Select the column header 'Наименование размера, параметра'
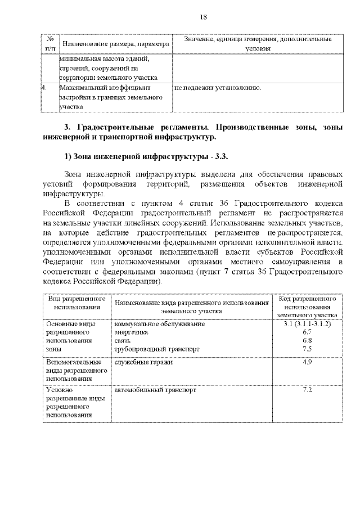click(115, 44)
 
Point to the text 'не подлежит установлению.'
click(218, 88)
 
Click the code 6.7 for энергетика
click(307, 332)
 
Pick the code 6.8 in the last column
click(307, 341)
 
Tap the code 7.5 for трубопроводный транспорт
click(307, 349)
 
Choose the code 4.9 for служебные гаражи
click(307, 362)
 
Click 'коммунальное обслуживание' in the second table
click(159, 325)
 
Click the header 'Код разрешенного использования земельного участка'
click(307, 307)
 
